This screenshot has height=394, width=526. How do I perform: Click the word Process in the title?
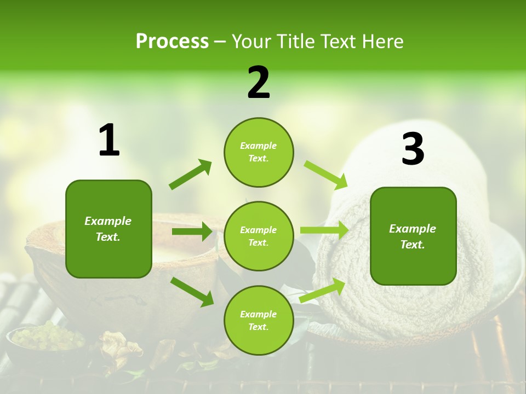(x=172, y=41)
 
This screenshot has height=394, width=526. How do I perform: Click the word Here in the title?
(x=382, y=41)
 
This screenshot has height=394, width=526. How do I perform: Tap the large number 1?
(x=109, y=141)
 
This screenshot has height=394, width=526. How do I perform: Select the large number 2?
(x=259, y=83)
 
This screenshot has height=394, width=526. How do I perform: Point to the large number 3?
(x=413, y=149)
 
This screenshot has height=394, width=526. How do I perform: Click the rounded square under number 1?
(x=108, y=229)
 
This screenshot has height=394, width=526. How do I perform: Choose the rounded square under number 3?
(x=413, y=236)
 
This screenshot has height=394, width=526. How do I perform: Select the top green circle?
(x=259, y=152)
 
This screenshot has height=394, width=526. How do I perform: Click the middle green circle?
(x=259, y=236)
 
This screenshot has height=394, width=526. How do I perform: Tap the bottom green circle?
(x=259, y=321)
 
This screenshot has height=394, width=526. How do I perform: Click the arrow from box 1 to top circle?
(x=191, y=175)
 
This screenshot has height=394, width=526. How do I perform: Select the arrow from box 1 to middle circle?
(x=192, y=231)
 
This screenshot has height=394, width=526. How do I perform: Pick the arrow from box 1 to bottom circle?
(x=192, y=291)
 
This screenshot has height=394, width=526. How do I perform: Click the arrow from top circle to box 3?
(x=326, y=175)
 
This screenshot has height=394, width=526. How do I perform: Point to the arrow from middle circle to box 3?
(x=324, y=230)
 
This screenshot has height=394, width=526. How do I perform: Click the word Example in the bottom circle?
(x=259, y=314)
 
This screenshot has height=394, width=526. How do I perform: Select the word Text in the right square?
(x=412, y=245)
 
